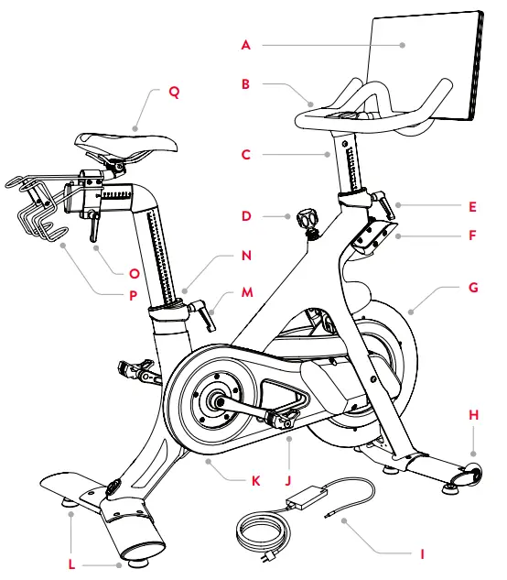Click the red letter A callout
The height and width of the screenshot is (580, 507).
coord(245,43)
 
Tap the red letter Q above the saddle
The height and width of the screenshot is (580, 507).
coord(175,92)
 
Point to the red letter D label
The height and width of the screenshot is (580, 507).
coord(245,217)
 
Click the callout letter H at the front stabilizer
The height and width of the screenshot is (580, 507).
coord(473,414)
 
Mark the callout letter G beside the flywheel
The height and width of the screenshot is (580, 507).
coord(473,287)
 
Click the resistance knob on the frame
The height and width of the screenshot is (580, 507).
coord(306,220)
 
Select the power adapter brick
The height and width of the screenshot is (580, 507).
coord(303,499)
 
